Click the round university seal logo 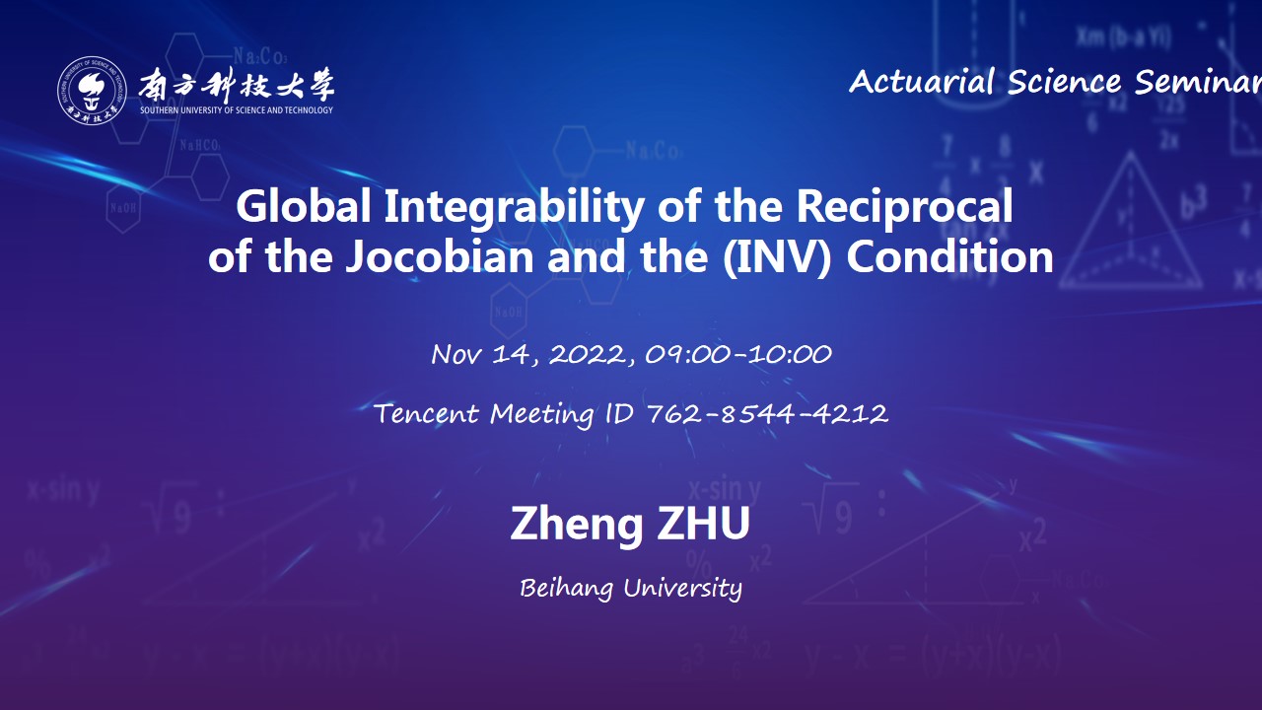point(92,90)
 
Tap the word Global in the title point(303,206)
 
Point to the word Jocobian point(440,256)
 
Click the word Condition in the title point(949,256)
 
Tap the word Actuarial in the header point(922,82)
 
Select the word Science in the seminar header point(1064,82)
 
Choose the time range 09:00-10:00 point(738,354)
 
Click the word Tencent point(427,414)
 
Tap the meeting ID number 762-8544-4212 point(767,414)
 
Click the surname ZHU point(704,524)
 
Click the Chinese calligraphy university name point(237,86)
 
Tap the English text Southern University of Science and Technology point(237,110)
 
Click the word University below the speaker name point(683,589)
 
